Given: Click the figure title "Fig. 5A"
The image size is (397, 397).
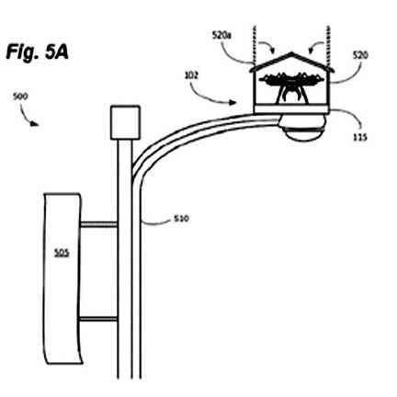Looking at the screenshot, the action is click(x=37, y=52).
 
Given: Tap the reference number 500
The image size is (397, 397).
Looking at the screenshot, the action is click(x=20, y=96).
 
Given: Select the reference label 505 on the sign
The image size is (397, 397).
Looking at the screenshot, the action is click(x=62, y=253).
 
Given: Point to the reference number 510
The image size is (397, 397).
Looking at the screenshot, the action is click(x=181, y=219).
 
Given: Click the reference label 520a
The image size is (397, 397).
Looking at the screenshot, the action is click(x=221, y=36).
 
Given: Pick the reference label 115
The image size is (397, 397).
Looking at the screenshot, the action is click(x=360, y=138).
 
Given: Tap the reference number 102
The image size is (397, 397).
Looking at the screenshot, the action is click(x=192, y=75).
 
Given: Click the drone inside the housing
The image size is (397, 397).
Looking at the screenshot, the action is click(x=291, y=85).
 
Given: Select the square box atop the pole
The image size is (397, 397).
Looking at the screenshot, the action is click(x=125, y=122).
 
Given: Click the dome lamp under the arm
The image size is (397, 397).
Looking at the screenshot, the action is click(x=303, y=129).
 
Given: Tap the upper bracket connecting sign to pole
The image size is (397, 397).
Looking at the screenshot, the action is click(x=98, y=224).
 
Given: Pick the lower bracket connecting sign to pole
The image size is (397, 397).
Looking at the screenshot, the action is click(x=98, y=319).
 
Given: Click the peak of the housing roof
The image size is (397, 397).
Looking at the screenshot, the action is click(x=292, y=52).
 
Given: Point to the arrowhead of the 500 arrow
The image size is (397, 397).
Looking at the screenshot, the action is click(x=36, y=124).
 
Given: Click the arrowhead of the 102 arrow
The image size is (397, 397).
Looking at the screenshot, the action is click(x=233, y=103).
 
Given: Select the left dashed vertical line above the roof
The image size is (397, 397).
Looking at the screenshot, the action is click(x=254, y=43).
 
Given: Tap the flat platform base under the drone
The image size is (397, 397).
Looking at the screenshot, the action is click(x=291, y=109).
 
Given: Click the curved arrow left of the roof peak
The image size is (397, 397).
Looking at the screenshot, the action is click(x=267, y=45).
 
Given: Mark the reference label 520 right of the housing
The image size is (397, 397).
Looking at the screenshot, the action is click(x=360, y=55).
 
